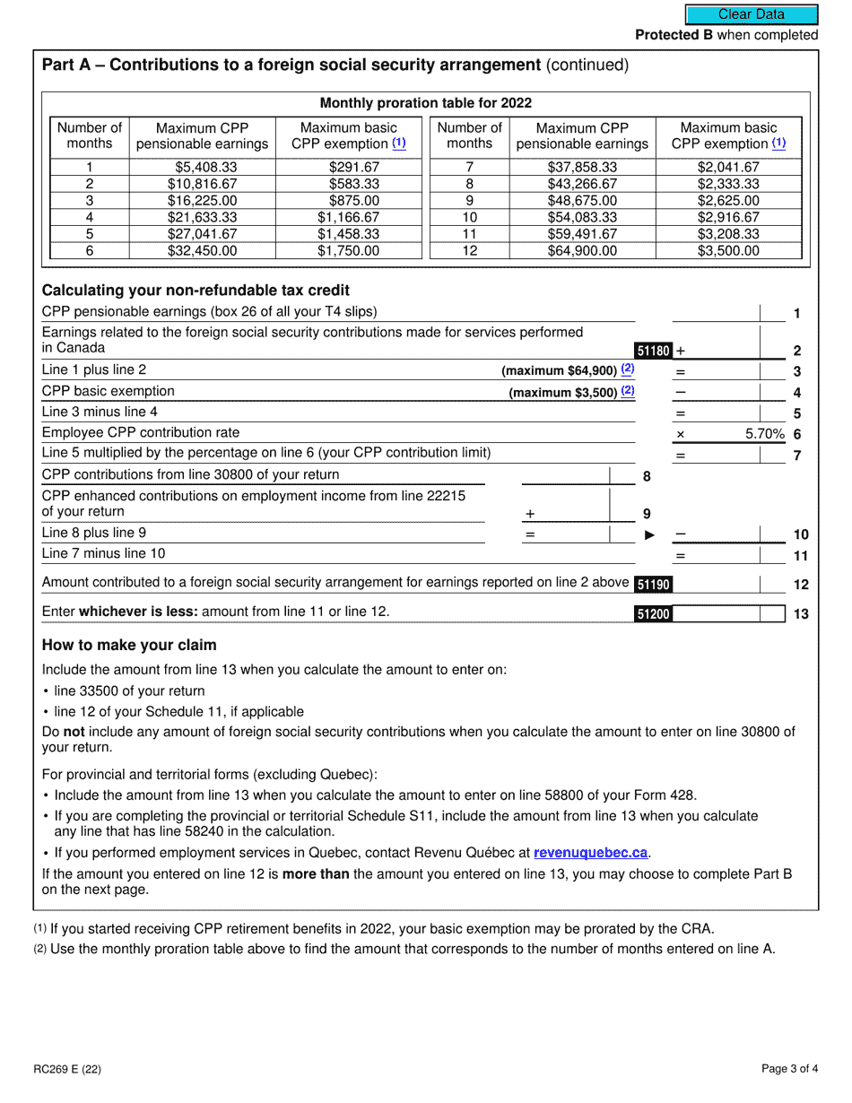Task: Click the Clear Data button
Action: tap(752, 14)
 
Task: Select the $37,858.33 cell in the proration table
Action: tap(582, 167)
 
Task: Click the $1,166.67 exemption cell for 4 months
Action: tap(348, 217)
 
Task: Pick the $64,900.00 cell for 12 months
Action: tap(582, 251)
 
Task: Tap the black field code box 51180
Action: tap(653, 352)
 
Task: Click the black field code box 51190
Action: tap(653, 585)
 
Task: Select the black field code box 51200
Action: tap(653, 614)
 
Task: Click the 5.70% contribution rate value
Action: tap(765, 434)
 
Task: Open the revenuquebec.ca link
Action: tap(590, 853)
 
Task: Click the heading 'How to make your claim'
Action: tap(129, 646)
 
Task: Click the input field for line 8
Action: tap(565, 476)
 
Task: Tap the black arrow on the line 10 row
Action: tap(650, 535)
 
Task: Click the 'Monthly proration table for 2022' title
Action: tap(426, 103)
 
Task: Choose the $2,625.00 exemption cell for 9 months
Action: tap(728, 201)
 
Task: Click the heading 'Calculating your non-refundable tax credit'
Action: tap(196, 291)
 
